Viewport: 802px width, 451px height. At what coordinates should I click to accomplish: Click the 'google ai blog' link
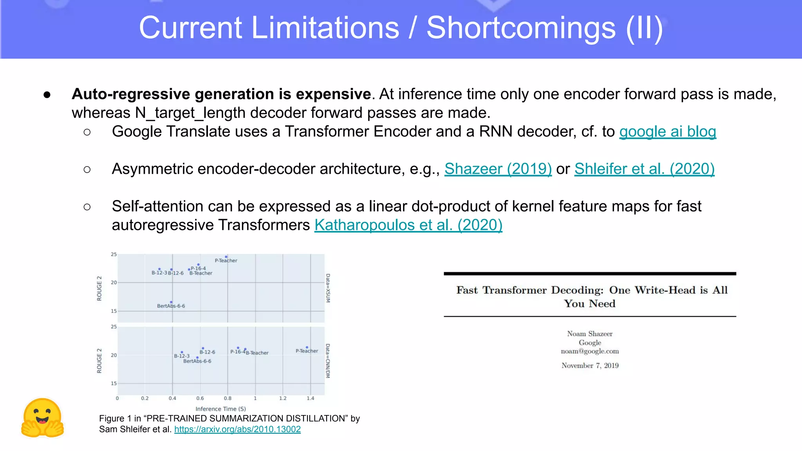pyautogui.click(x=667, y=132)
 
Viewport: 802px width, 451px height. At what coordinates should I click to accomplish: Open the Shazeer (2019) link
pyautogui.click(x=498, y=169)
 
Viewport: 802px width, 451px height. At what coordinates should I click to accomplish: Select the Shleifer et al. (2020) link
pyautogui.click(x=644, y=169)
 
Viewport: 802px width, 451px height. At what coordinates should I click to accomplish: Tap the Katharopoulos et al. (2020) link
pyautogui.click(x=408, y=225)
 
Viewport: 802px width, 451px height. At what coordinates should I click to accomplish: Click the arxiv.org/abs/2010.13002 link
pyautogui.click(x=237, y=429)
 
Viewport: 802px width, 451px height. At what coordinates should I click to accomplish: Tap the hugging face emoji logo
pyautogui.click(x=42, y=418)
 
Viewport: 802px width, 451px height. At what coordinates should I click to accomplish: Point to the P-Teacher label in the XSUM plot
pyautogui.click(x=226, y=261)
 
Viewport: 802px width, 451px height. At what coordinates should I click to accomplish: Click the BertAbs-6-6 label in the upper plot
pyautogui.click(x=171, y=306)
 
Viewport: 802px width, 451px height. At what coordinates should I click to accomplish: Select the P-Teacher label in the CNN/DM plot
pyautogui.click(x=307, y=351)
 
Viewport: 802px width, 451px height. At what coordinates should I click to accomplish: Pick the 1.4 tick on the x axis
pyautogui.click(x=310, y=399)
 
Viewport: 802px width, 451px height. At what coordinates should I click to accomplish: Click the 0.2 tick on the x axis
pyautogui.click(x=145, y=399)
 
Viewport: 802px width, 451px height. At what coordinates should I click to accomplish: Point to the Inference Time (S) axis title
pyautogui.click(x=220, y=409)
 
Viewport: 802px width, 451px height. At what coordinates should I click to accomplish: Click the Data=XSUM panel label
pyautogui.click(x=328, y=288)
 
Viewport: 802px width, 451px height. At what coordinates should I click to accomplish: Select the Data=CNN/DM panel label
pyautogui.click(x=328, y=361)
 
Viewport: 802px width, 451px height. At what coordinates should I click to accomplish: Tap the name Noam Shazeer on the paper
pyautogui.click(x=589, y=334)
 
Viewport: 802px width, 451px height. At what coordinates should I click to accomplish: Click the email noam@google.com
pyautogui.click(x=589, y=351)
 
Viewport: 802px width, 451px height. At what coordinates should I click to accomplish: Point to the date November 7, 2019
pyautogui.click(x=590, y=366)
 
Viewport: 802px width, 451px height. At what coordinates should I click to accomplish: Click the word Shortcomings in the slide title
pyautogui.click(x=521, y=28)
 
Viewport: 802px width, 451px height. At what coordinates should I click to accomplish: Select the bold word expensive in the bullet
pyautogui.click(x=333, y=94)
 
